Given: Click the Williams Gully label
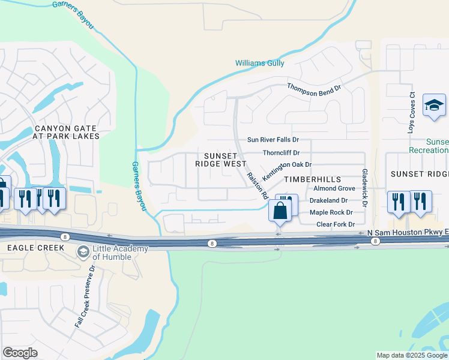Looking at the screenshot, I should coord(260,63).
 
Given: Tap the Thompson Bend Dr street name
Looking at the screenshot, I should coord(314,88).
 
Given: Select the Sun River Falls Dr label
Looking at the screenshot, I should coord(273,140).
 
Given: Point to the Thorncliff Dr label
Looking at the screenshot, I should coord(281,152).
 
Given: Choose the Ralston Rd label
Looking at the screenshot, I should coord(256,185).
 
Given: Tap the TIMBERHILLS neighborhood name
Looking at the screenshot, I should coord(312,179).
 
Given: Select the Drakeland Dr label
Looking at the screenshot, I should coord(328,200).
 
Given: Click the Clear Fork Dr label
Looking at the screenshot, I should coord(332,224).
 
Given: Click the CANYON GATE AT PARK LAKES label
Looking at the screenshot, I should coord(67,132).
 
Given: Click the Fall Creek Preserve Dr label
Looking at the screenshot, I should coord(85,296).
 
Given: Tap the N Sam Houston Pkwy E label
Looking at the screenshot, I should coord(409,232).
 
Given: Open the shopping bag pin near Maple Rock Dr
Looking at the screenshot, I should coord(280,211).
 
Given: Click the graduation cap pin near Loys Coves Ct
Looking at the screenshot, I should coord(434,106).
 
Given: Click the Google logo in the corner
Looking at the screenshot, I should coord(20,352).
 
